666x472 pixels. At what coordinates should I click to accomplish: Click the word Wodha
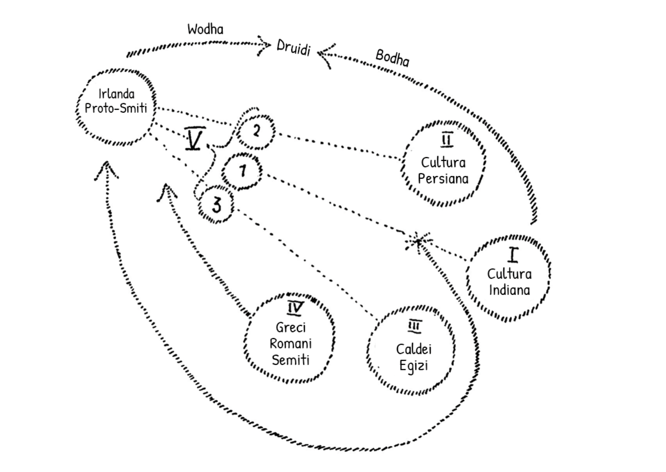pyautogui.click(x=205, y=29)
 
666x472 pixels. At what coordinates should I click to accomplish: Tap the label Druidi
pyautogui.click(x=293, y=48)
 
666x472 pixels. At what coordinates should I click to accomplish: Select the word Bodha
pyautogui.click(x=392, y=58)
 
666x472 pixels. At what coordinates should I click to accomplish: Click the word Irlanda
pyautogui.click(x=116, y=94)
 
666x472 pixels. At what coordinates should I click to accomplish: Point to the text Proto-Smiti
pyautogui.click(x=116, y=108)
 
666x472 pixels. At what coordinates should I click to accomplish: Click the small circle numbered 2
pyautogui.click(x=256, y=131)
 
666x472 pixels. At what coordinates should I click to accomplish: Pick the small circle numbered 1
pyautogui.click(x=242, y=171)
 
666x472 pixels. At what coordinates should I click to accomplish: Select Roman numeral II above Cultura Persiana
pyautogui.click(x=447, y=140)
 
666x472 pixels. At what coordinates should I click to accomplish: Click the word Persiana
pyautogui.click(x=443, y=179)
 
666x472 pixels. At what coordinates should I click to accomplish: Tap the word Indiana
pyautogui.click(x=509, y=290)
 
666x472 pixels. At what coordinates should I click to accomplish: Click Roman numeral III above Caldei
pyautogui.click(x=414, y=326)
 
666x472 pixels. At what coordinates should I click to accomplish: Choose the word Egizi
pyautogui.click(x=413, y=365)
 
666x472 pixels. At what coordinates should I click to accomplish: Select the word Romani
pyautogui.click(x=291, y=343)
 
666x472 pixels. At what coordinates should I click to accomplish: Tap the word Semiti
pyautogui.click(x=291, y=360)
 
